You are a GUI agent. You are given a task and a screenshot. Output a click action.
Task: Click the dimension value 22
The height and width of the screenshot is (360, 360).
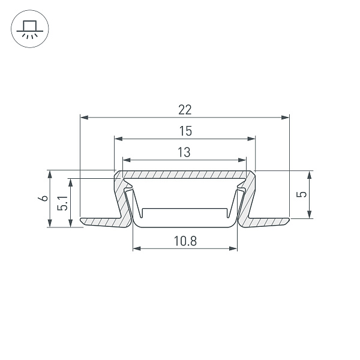coord(184,109)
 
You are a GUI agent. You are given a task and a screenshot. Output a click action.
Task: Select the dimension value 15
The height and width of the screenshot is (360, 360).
coord(184,131)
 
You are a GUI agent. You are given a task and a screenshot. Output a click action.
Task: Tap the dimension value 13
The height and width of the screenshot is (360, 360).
coord(184,152)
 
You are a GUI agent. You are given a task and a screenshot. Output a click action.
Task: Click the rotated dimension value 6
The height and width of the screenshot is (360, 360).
coord(43,199)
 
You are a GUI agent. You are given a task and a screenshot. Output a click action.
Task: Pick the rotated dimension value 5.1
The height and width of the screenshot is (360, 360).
coord(63,204)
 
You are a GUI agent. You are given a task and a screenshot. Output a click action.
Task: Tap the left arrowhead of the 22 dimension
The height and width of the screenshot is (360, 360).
coord(83,117)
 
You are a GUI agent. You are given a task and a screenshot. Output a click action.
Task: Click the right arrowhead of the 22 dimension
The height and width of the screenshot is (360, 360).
coord(286,117)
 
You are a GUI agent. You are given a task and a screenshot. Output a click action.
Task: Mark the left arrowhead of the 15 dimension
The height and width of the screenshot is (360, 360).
coord(118,139)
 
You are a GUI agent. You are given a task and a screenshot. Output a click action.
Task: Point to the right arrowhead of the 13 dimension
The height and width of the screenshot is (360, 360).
coord(243,160)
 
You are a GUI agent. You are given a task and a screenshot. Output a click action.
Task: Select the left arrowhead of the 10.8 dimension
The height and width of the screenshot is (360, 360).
coord(136,248)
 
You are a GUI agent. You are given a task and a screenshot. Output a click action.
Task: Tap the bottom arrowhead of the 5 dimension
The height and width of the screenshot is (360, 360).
coord(310,215)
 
